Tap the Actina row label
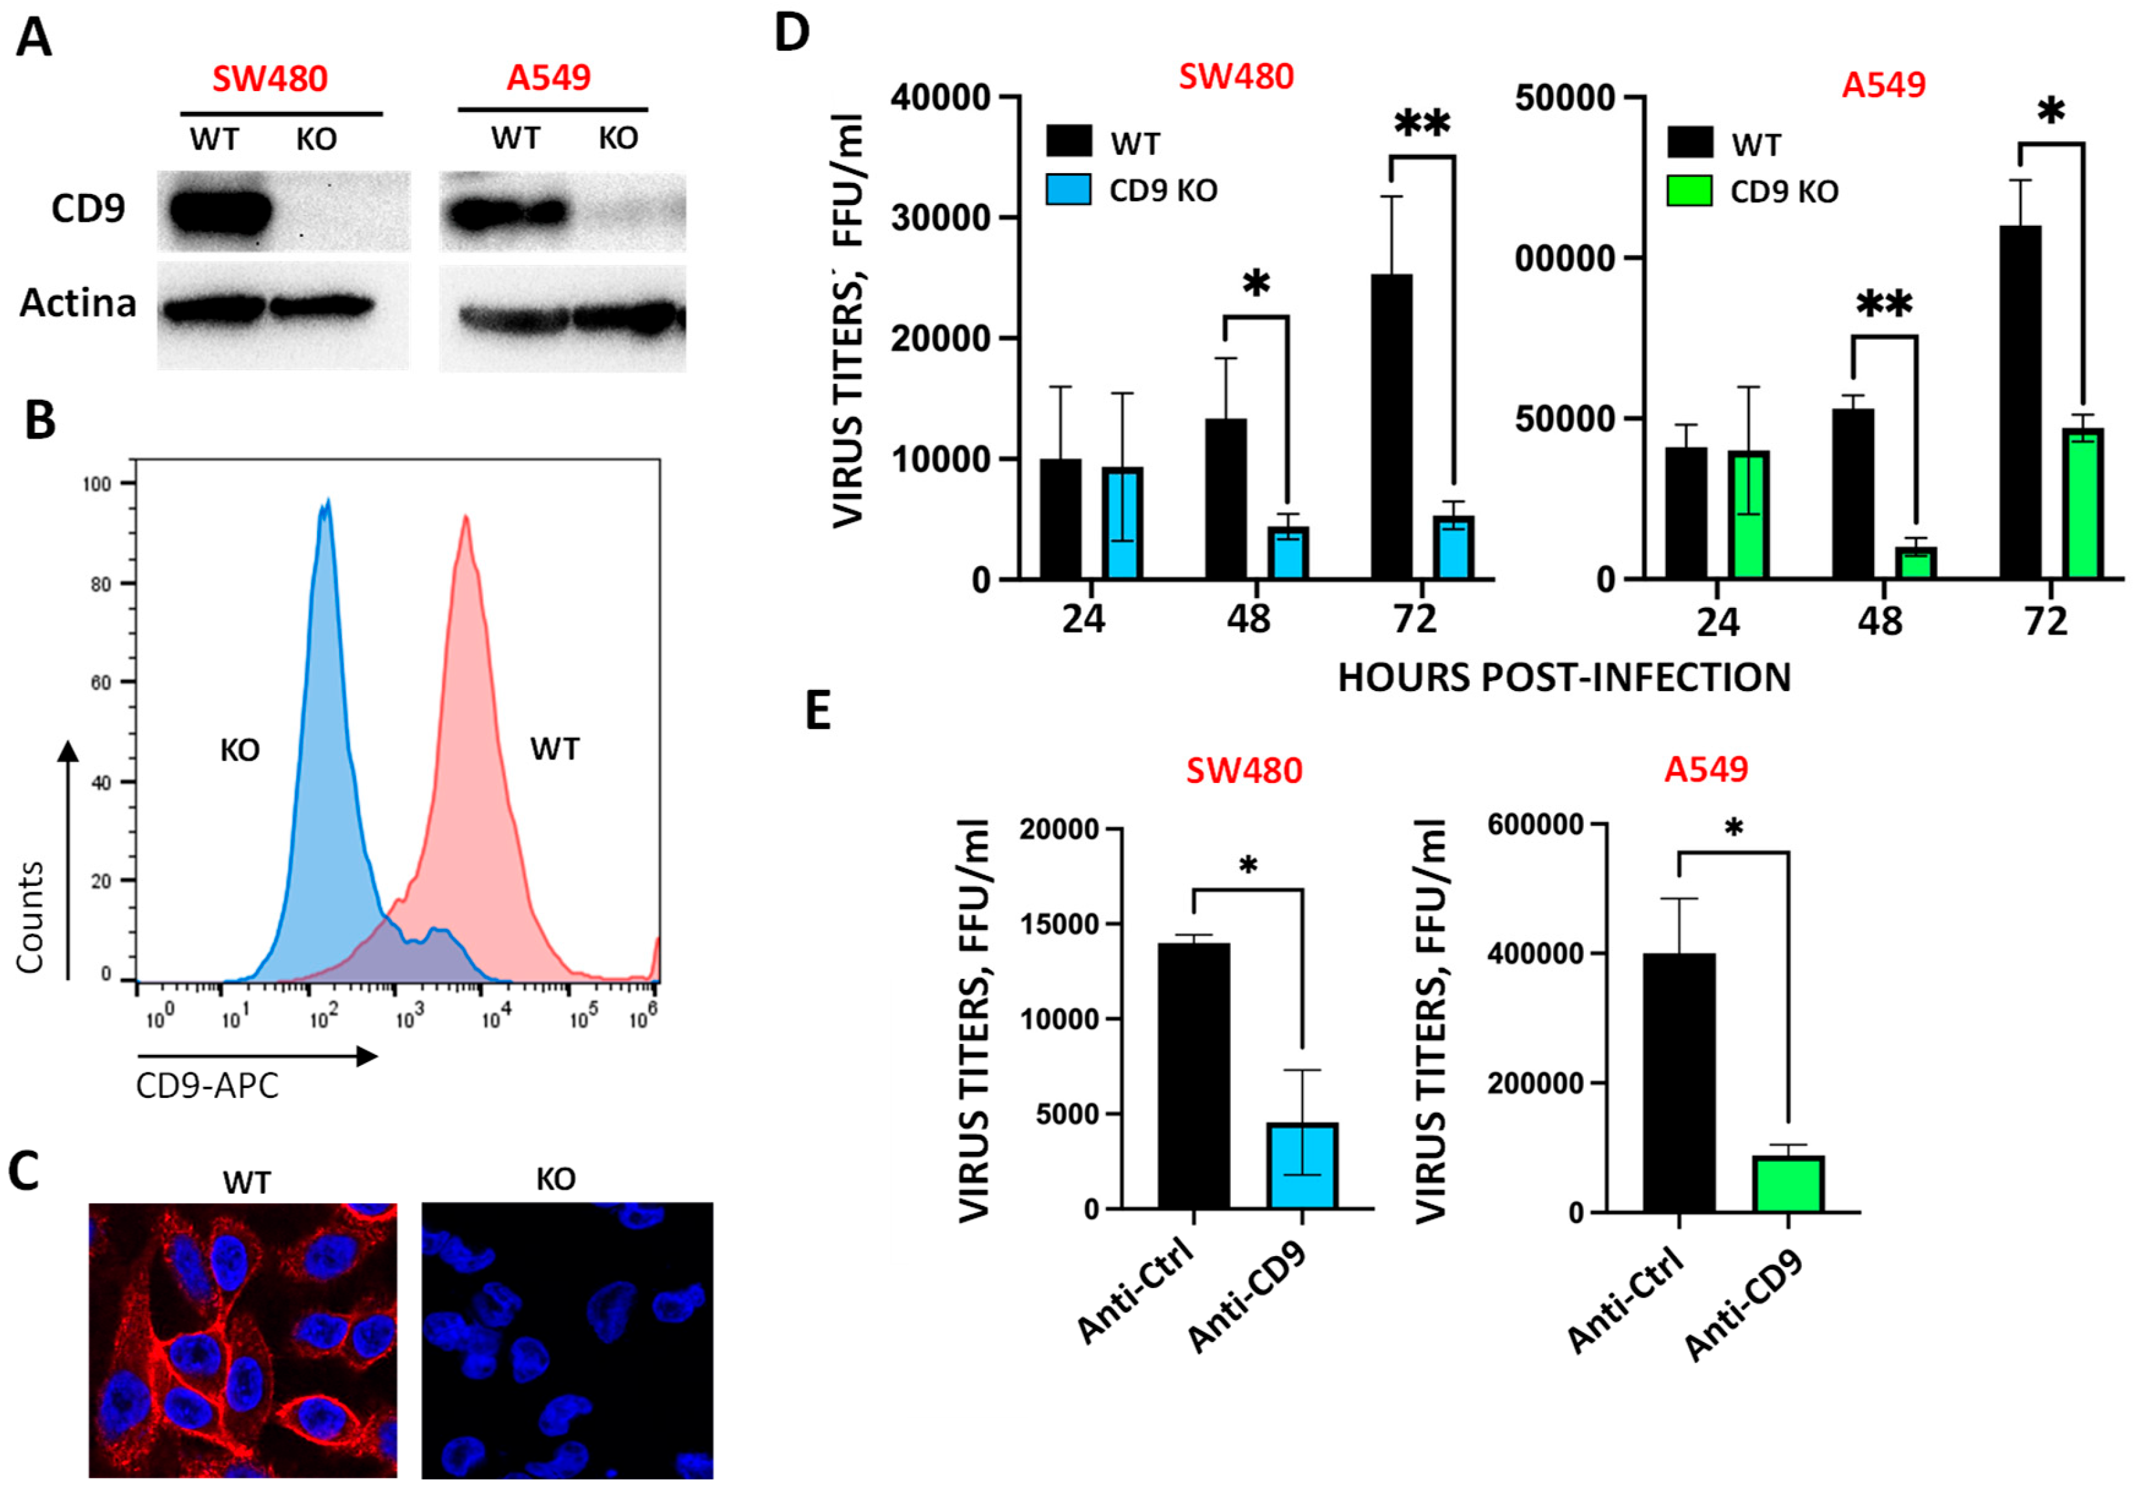pyautogui.click(x=78, y=304)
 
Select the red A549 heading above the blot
pyautogui.click(x=549, y=77)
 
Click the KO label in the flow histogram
pyautogui.click(x=240, y=750)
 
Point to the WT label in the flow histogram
pyautogui.click(x=555, y=749)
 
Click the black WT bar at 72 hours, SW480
pyautogui.click(x=1391, y=426)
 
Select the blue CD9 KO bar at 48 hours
pyautogui.click(x=1288, y=553)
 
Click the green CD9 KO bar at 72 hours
pyautogui.click(x=2082, y=504)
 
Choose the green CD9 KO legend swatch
pyautogui.click(x=1689, y=191)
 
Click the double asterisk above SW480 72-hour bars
pyautogui.click(x=1422, y=123)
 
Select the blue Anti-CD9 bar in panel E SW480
pyautogui.click(x=1301, y=1166)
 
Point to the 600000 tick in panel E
pyautogui.click(x=1536, y=825)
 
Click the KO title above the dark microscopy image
pyautogui.click(x=555, y=1180)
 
